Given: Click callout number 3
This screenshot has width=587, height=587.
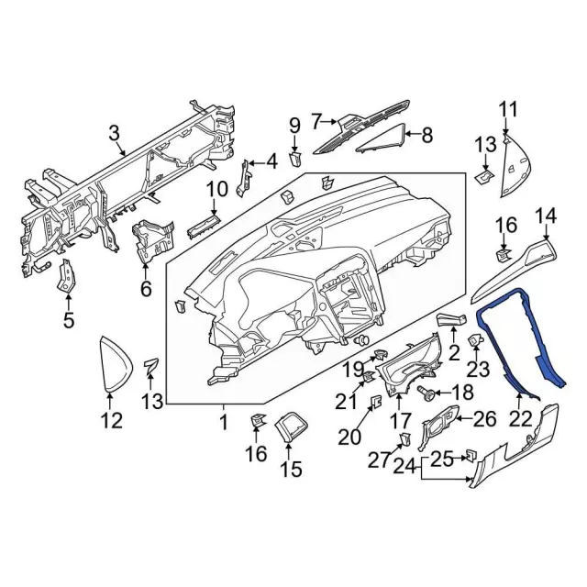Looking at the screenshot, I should (115, 134).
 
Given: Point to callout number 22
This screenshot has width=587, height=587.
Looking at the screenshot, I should (520, 418).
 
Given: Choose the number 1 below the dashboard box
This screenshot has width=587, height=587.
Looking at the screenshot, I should (223, 423).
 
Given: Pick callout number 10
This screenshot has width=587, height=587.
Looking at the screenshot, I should (216, 191).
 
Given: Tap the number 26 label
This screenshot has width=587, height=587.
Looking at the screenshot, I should (484, 419).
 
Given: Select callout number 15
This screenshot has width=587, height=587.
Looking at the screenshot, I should (290, 470).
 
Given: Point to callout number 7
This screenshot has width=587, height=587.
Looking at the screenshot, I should (317, 120).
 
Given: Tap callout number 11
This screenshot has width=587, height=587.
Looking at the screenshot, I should (508, 112).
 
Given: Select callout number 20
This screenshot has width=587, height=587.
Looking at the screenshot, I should (349, 437).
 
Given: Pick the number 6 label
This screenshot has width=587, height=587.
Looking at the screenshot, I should (144, 290).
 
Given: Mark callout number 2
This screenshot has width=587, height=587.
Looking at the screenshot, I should (453, 353).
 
